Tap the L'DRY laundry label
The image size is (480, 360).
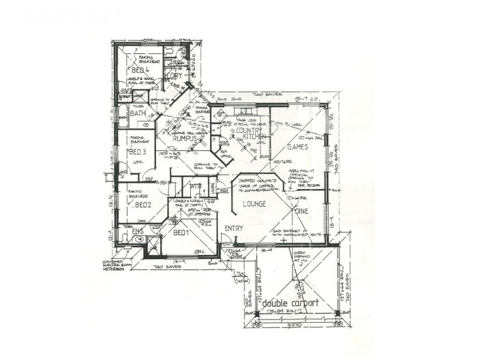[x=174, y=77]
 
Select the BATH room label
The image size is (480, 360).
[x=138, y=113]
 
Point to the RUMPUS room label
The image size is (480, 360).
[x=185, y=139]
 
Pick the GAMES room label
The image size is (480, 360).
[x=298, y=146]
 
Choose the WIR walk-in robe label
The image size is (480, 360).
[x=194, y=187]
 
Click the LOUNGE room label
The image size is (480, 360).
[x=254, y=204]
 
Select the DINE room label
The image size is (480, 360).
[x=301, y=211]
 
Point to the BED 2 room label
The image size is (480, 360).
[x=142, y=205]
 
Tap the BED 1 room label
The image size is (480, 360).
[x=181, y=232]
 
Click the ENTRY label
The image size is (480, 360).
[x=234, y=229]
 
